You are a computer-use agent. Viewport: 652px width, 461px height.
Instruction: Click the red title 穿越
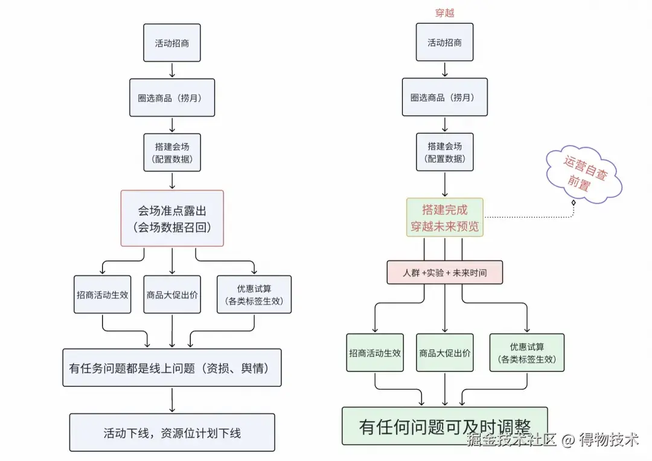tap(444, 13)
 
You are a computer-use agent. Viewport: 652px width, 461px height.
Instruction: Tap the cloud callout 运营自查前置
tap(584, 174)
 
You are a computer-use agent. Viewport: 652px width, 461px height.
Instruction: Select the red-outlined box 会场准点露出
tap(172, 219)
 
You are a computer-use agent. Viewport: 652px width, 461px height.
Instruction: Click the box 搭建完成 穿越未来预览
tap(445, 218)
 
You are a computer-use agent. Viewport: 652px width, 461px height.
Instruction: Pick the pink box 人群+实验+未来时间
tap(444, 272)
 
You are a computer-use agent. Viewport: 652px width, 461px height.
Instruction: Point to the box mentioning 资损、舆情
tap(171, 368)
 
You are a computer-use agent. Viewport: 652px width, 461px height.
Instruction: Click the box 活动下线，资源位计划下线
tap(172, 433)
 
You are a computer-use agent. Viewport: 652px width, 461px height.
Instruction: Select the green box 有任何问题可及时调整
tap(444, 426)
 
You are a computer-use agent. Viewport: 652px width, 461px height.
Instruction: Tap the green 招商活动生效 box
tap(375, 353)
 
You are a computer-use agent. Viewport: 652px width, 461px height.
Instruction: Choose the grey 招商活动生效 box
tap(102, 295)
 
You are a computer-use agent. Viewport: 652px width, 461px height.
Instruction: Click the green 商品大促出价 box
tap(444, 353)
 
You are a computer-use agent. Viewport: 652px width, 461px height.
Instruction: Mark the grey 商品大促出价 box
tap(172, 295)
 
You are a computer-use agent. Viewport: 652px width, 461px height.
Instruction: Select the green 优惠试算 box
tap(527, 353)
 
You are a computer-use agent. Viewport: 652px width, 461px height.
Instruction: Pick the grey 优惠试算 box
tap(254, 295)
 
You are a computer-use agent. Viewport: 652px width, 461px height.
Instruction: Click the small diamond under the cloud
tap(574, 202)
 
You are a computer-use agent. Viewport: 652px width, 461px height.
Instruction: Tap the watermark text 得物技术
tap(609, 440)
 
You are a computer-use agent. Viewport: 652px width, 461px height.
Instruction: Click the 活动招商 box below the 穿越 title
tap(444, 42)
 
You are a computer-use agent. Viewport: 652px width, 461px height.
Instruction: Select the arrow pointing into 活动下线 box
tap(172, 400)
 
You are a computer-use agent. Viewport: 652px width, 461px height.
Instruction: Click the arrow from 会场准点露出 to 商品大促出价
tap(172, 261)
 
